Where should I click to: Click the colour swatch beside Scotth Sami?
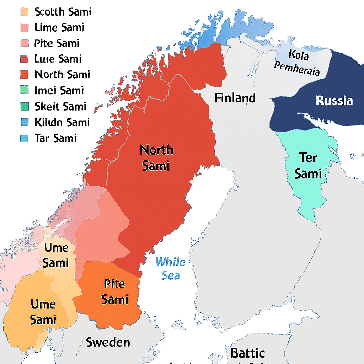pyautogui.click(x=25, y=12)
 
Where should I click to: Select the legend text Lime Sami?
pyautogui.click(x=59, y=27)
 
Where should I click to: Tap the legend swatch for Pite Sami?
pyautogui.click(x=25, y=43)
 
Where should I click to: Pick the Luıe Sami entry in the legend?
pyautogui.click(x=58, y=59)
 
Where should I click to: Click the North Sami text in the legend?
pyautogui.click(x=62, y=75)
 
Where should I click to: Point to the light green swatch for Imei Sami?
pyautogui.click(x=25, y=91)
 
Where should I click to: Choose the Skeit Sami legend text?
pyautogui.click(x=60, y=106)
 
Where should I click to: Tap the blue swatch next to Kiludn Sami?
pyautogui.click(x=25, y=122)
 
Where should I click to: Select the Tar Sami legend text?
pyautogui.click(x=55, y=138)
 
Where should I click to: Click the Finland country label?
pyautogui.click(x=235, y=98)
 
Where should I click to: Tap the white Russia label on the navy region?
pyautogui.click(x=334, y=101)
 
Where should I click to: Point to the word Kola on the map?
pyautogui.click(x=299, y=55)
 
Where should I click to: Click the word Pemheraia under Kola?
pyautogui.click(x=297, y=69)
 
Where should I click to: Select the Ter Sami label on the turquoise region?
pyautogui.click(x=308, y=165)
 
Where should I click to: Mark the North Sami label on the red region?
pyautogui.click(x=156, y=157)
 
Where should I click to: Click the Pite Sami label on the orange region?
pyautogui.click(x=114, y=291)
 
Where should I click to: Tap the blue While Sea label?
pyautogui.click(x=170, y=269)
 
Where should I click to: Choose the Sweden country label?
pyautogui.click(x=108, y=342)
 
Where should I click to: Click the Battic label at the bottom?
pyautogui.click(x=247, y=353)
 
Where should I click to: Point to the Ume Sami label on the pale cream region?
pyautogui.click(x=55, y=255)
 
